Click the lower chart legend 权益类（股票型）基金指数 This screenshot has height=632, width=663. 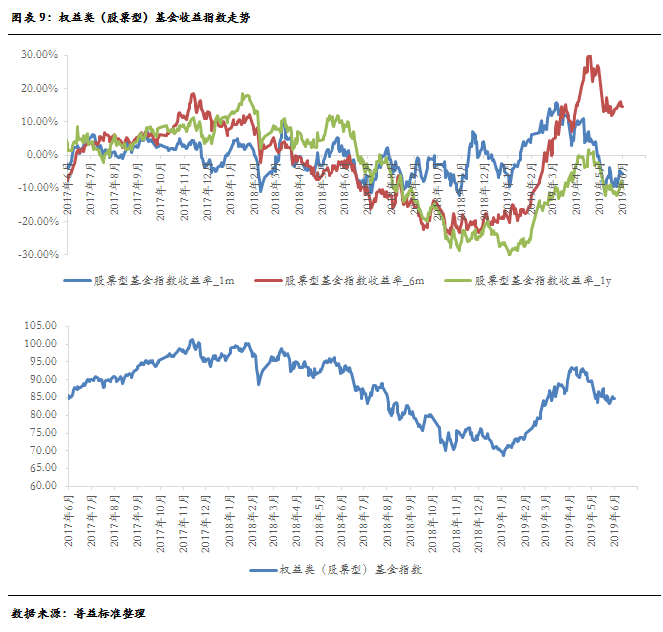tap(349, 569)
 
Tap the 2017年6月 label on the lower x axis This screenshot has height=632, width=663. tap(68, 519)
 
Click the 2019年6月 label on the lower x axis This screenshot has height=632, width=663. tap(613, 519)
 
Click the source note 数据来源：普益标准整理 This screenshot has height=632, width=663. tap(78, 611)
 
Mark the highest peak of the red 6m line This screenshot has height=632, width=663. tap(590, 56)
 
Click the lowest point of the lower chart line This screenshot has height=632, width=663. tap(504, 455)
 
